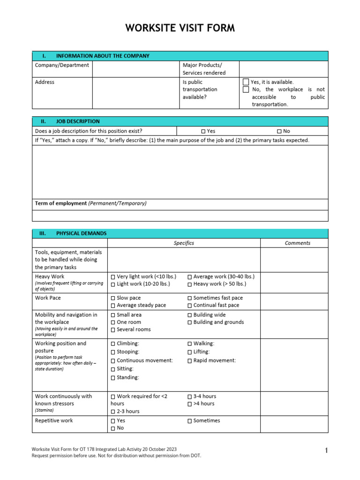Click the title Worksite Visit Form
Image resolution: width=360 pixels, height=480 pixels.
click(180, 29)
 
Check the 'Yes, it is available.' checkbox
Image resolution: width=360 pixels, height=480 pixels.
click(246, 82)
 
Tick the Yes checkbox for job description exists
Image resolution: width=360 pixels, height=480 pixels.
click(203, 132)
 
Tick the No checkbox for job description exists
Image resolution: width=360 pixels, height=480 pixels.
click(279, 132)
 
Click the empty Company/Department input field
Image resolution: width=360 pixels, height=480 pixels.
click(135, 69)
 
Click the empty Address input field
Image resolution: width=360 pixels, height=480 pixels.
click(135, 93)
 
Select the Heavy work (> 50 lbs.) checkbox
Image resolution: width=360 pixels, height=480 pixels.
click(189, 285)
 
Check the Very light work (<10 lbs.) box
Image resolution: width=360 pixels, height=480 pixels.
click(113, 277)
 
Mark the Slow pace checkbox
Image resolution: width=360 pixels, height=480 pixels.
click(113, 298)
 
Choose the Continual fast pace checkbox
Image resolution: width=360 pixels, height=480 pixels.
click(189, 306)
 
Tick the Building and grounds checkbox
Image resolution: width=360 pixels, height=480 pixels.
click(189, 322)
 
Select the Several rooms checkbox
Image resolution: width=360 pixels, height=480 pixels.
click(113, 330)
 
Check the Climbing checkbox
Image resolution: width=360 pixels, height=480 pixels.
click(113, 344)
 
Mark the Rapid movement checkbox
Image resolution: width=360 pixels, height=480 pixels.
click(189, 361)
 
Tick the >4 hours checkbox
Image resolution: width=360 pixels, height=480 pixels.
click(189, 404)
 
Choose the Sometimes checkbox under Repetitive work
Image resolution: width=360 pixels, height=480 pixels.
click(189, 421)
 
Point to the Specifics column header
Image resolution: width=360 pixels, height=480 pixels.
click(184, 243)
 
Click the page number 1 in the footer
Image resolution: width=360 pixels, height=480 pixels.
click(326, 451)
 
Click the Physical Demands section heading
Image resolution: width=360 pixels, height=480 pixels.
click(81, 233)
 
